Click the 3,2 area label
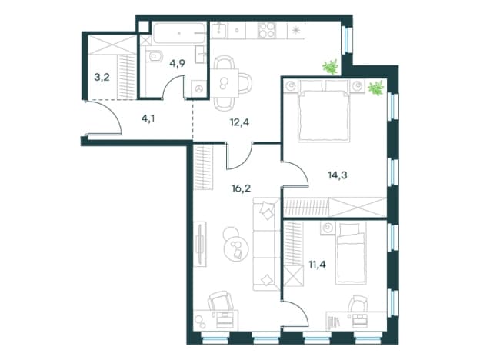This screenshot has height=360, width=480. point(102,77)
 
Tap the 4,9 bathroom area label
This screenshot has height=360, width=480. point(178,64)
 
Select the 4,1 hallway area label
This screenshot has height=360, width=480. point(148,118)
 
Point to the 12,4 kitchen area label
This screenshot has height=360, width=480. point(240,122)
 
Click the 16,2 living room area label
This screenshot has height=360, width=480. point(242,188)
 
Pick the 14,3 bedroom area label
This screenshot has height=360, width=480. point(338,175)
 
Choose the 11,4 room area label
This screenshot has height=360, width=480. point(317,264)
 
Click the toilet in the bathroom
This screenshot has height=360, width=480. point(155,56)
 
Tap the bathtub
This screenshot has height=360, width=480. point(179,33)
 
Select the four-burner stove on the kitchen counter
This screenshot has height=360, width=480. point(267,31)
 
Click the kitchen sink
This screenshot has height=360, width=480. point(219,30)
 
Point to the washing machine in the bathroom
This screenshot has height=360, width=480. point(199,88)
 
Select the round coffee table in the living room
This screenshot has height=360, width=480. point(236,248)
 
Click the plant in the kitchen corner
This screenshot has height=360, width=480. point(331,67)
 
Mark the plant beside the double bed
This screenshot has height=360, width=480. point(376,88)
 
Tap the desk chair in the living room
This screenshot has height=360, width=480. point(220,302)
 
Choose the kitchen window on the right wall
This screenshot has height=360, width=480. point(347,39)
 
